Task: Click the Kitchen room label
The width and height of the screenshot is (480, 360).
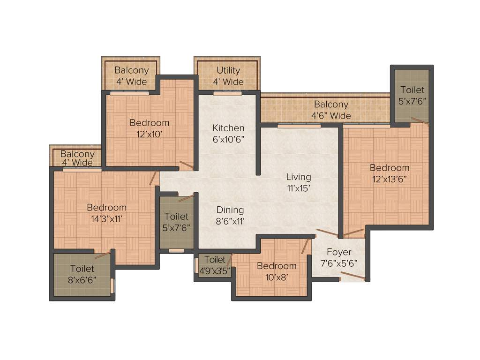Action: pyautogui.click(x=228, y=133)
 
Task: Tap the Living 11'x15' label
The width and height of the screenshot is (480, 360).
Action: pyautogui.click(x=299, y=182)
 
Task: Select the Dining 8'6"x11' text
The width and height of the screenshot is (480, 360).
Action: pyautogui.click(x=230, y=215)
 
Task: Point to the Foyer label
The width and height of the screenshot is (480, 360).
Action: pyautogui.click(x=339, y=257)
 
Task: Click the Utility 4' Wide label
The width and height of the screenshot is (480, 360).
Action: pyautogui.click(x=228, y=76)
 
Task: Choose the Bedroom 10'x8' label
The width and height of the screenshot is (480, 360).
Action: pyautogui.click(x=277, y=271)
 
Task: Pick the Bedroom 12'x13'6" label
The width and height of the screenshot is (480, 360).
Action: pyautogui.click(x=389, y=173)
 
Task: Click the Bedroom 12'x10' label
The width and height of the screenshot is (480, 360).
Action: pyautogui.click(x=149, y=128)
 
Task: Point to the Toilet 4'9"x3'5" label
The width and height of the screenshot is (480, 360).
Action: pyautogui.click(x=215, y=264)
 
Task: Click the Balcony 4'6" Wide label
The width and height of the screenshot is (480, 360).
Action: pyautogui.click(x=331, y=110)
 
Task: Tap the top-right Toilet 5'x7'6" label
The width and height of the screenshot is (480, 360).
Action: pyautogui.click(x=412, y=95)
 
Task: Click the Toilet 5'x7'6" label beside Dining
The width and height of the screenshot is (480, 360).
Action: pyautogui.click(x=176, y=222)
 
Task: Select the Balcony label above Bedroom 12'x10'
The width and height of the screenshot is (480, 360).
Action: pyautogui.click(x=132, y=76)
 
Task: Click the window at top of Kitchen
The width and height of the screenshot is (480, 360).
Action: pyautogui.click(x=224, y=94)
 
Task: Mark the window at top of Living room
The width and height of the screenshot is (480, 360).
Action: pyautogui.click(x=299, y=126)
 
